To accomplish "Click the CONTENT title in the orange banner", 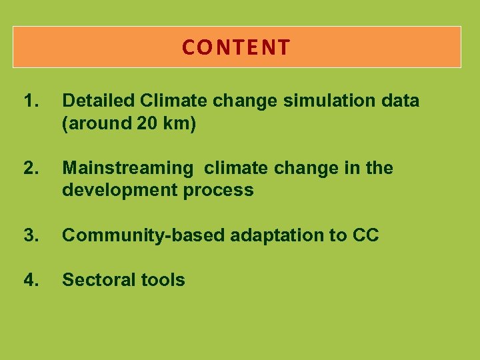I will tap(237, 47).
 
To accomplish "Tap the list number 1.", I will tap(31, 101).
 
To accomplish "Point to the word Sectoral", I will tap(94, 280).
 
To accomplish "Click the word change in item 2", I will tap(308, 169).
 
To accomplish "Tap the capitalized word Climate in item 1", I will tap(170, 101).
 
